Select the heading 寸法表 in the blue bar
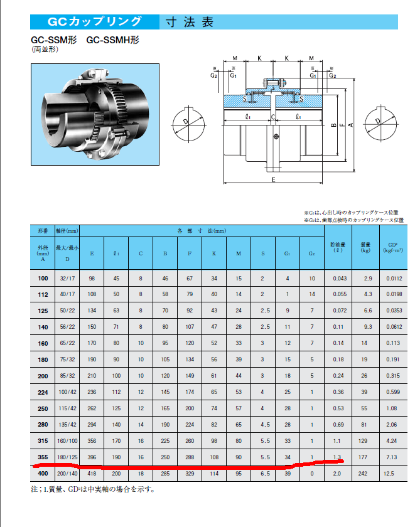(189, 23)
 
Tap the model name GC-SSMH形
(112, 39)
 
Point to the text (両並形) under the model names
(43, 49)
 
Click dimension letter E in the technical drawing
(274, 179)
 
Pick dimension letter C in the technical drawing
(273, 117)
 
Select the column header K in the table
(214, 253)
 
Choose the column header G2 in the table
(312, 253)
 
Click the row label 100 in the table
(43, 278)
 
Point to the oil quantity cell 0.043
(338, 278)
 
